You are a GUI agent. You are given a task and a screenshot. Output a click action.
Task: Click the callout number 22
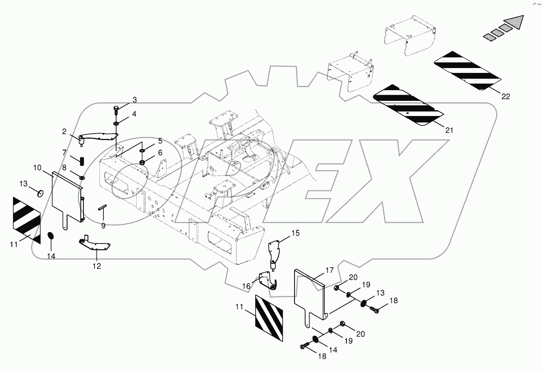coord(506,97)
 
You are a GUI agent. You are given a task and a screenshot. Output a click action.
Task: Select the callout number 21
coord(449,130)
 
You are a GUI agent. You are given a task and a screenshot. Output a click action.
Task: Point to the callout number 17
coord(330,270)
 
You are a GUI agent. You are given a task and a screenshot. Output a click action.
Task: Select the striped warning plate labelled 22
coord(466,71)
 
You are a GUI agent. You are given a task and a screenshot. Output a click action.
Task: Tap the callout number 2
coord(64,131)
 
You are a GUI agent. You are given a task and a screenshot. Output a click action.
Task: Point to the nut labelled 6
coord(142,163)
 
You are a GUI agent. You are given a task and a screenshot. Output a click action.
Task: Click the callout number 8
coord(64,167)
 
